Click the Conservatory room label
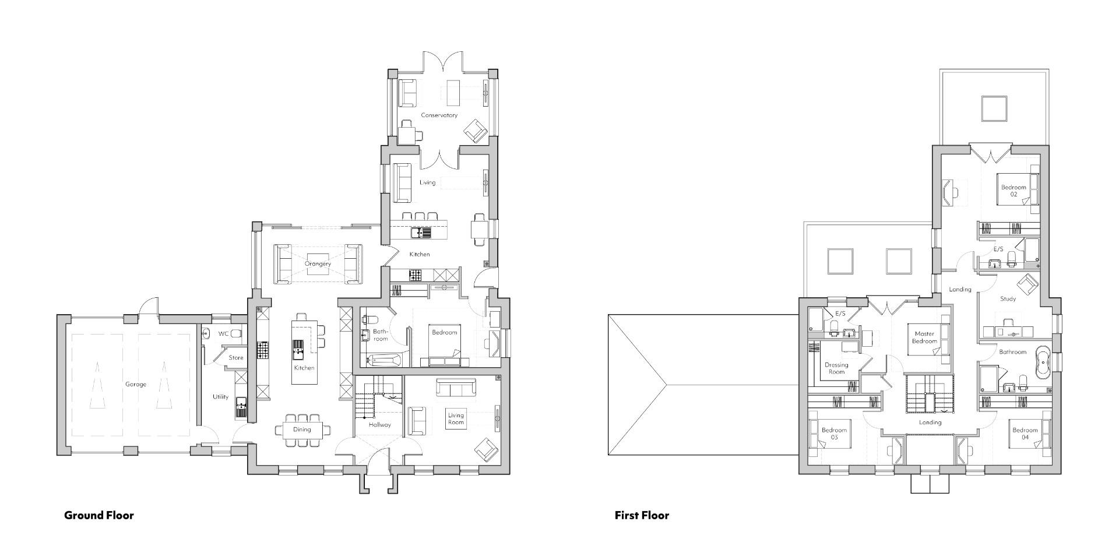tap(439, 115)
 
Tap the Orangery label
tap(318, 264)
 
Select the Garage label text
tap(135, 385)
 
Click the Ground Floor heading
tap(98, 515)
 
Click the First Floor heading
tap(642, 515)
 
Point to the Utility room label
tap(220, 397)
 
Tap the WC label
tap(223, 334)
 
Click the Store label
tap(235, 358)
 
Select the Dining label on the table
tap(302, 430)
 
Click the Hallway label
tap(379, 425)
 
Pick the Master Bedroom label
tap(924, 337)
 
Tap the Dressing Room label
tap(836, 368)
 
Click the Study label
tap(1008, 299)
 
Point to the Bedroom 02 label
tap(1014, 191)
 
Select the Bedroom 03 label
tap(834, 434)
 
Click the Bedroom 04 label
tap(1025, 434)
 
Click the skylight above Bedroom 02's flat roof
tap(994, 108)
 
